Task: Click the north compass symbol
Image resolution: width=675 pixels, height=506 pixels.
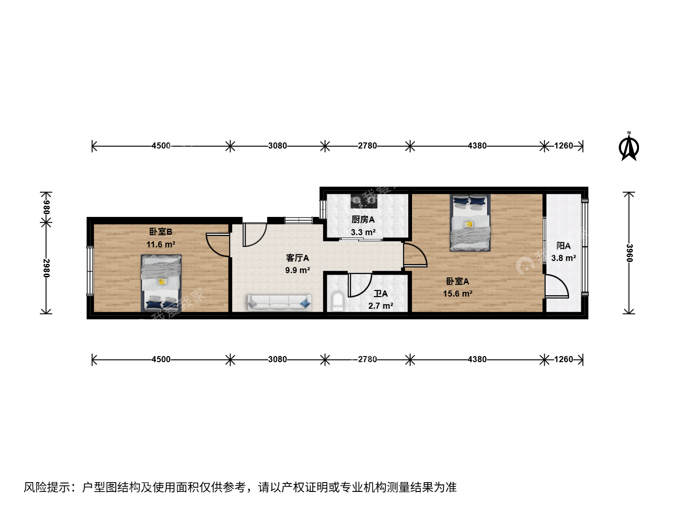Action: (629, 147)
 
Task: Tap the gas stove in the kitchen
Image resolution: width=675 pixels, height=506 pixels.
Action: (364, 201)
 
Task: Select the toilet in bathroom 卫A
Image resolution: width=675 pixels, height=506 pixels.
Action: (338, 302)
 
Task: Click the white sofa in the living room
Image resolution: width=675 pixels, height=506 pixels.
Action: (279, 303)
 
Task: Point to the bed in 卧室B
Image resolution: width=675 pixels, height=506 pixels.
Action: (161, 283)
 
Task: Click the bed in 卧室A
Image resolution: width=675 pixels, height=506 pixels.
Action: (470, 223)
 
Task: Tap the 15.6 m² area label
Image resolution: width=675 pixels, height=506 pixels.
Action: (457, 294)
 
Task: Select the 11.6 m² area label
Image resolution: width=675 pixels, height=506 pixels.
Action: (161, 245)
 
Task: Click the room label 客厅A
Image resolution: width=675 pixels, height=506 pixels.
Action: (297, 258)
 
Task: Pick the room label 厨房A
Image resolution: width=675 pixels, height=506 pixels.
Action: (363, 220)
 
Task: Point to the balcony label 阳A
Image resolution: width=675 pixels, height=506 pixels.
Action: (563, 246)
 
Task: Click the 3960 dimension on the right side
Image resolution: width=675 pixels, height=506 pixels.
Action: (629, 253)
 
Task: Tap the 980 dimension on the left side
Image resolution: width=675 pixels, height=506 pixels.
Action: (46, 208)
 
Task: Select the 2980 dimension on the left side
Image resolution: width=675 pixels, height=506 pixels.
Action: (46, 268)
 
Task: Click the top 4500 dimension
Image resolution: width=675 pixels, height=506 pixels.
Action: (161, 146)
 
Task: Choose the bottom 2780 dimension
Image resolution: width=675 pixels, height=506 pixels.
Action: (367, 359)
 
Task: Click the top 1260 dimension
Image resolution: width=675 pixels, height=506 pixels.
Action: (564, 146)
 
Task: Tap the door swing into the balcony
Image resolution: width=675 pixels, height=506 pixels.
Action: (556, 286)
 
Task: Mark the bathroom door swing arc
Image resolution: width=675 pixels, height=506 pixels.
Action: (360, 285)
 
